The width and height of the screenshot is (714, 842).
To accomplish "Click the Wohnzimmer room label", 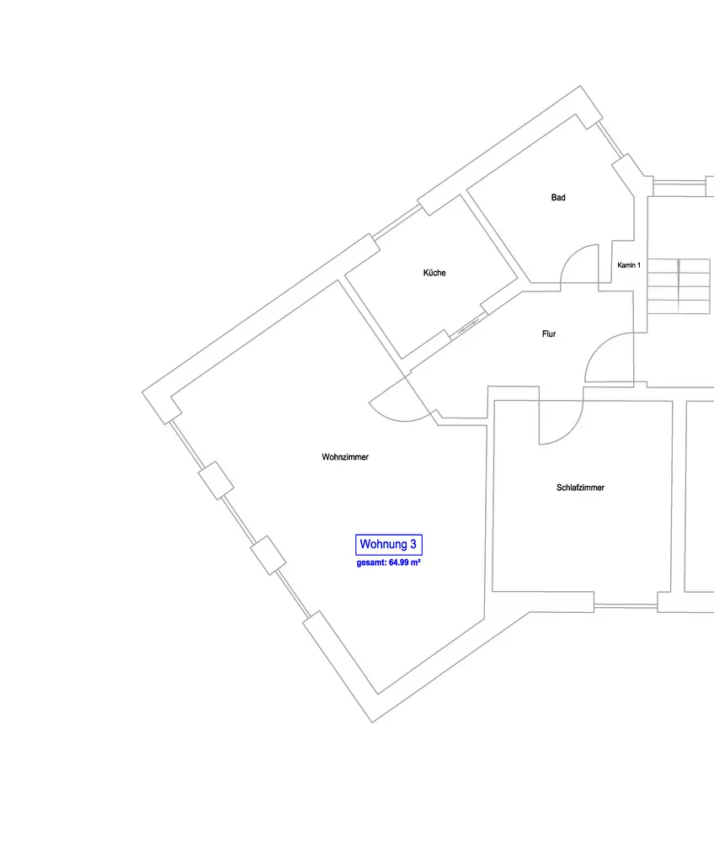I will [x=345, y=457].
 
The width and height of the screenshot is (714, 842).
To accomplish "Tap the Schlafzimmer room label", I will [x=580, y=488].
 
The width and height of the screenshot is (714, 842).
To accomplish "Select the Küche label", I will [x=434, y=273].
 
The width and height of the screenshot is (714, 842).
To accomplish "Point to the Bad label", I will [x=558, y=198].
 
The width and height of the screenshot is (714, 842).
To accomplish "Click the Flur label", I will [x=548, y=334].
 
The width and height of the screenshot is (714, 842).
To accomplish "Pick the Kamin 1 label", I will [x=629, y=265].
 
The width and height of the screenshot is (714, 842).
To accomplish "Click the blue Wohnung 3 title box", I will [x=388, y=545].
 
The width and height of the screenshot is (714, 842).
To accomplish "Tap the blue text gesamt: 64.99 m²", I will [x=388, y=562].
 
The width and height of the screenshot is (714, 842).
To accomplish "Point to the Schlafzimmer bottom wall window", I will [x=626, y=603].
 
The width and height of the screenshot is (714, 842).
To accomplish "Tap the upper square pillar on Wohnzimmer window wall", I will [x=216, y=480].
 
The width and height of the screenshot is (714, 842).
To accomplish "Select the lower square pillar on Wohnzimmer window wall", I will [x=267, y=555].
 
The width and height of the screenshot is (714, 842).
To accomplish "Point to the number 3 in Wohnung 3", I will [x=413, y=545].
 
